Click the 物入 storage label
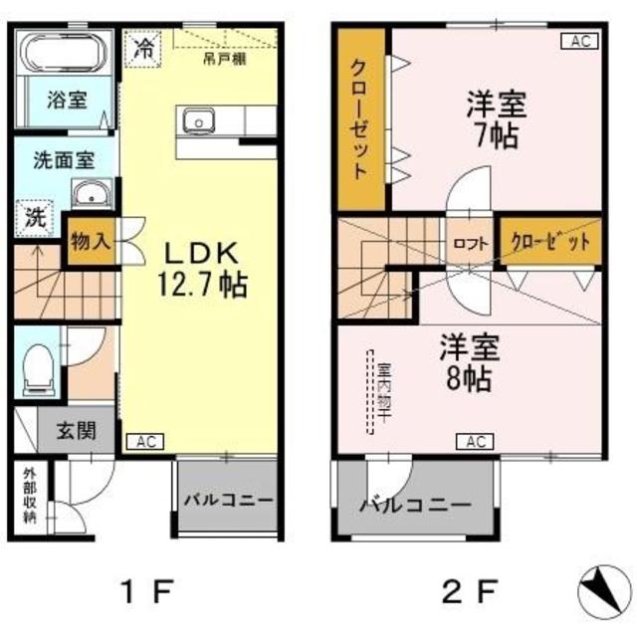[90, 242]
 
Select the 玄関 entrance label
[76, 431]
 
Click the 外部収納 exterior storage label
[30, 496]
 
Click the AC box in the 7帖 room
[581, 41]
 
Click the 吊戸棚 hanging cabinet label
[227, 59]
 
